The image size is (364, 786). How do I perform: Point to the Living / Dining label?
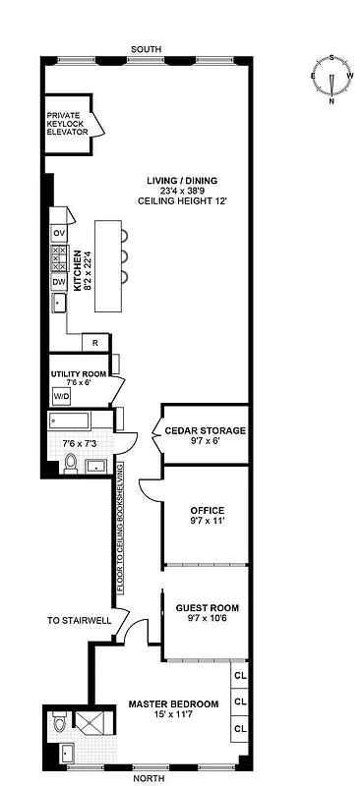pyautogui.click(x=182, y=181)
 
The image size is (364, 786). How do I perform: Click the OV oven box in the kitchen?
pyautogui.click(x=58, y=232)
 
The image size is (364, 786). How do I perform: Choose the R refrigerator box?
pyautogui.click(x=94, y=343)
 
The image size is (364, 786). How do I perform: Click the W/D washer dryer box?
pyautogui.click(x=61, y=397)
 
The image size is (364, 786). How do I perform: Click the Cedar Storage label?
pyautogui.click(x=205, y=430)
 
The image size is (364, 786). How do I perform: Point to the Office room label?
pyautogui.click(x=207, y=510)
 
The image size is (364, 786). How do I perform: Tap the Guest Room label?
pyautogui.click(x=207, y=608)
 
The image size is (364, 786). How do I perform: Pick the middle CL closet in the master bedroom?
pyautogui.click(x=239, y=702)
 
